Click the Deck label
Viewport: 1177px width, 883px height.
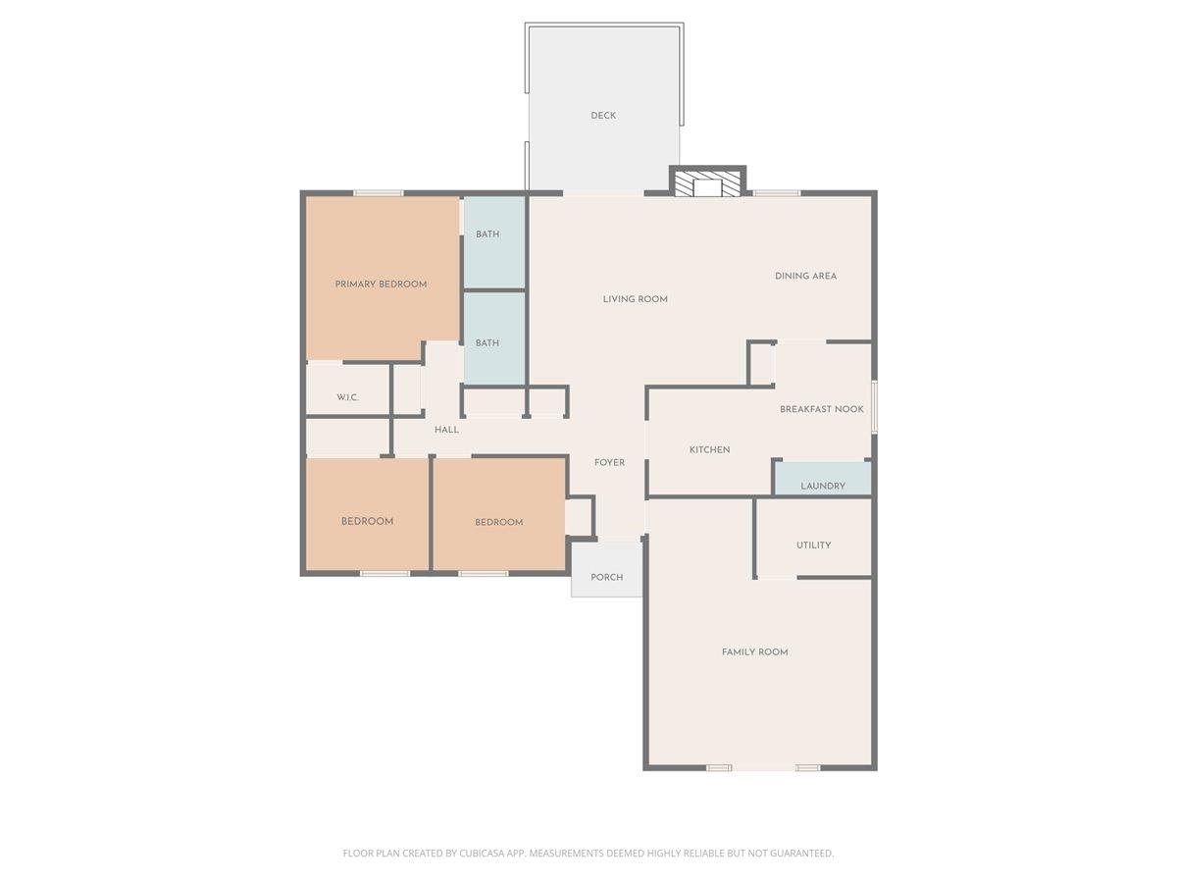(x=603, y=116)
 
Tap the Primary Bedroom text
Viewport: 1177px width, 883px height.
(x=381, y=285)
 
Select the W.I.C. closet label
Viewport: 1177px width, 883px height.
(x=347, y=397)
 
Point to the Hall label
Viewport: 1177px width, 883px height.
(x=446, y=430)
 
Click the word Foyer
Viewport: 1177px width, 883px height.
(x=609, y=463)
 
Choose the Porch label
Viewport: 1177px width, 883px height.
(x=606, y=577)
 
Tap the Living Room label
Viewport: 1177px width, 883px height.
(x=635, y=299)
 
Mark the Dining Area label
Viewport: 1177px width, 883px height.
(x=805, y=276)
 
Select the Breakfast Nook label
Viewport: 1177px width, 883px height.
(x=821, y=409)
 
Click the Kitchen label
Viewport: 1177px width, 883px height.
(x=709, y=450)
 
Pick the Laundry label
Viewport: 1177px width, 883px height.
(x=822, y=486)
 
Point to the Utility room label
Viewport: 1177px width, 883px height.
(x=813, y=545)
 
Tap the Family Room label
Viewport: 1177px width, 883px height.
(x=754, y=652)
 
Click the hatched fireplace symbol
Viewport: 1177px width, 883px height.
(x=707, y=186)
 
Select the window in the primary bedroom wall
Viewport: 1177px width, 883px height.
(x=378, y=193)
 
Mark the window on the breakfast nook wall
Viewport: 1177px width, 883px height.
(x=874, y=405)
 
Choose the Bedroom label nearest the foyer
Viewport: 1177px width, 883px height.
(x=498, y=523)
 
